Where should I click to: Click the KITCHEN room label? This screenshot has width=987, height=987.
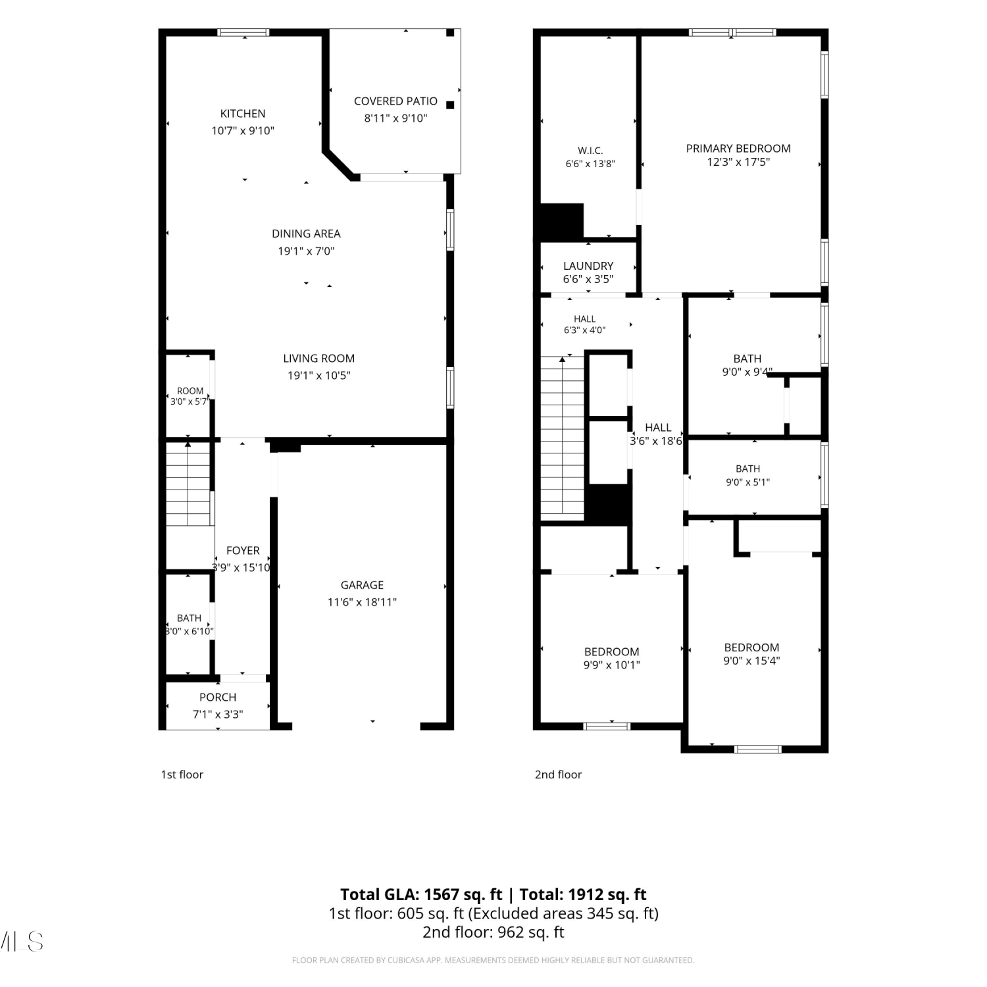pyautogui.click(x=243, y=113)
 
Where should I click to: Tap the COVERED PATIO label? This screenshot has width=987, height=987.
pyautogui.click(x=395, y=101)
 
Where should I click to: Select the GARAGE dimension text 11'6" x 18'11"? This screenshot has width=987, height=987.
pyautogui.click(x=362, y=601)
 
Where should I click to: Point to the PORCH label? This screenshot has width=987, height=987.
pyautogui.click(x=218, y=697)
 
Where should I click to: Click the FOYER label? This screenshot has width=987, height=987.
pyautogui.click(x=243, y=550)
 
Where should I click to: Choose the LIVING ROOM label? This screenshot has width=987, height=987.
pyautogui.click(x=319, y=358)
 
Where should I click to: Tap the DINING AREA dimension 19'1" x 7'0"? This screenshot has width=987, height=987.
pyautogui.click(x=306, y=251)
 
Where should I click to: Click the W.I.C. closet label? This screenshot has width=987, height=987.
pyautogui.click(x=590, y=151)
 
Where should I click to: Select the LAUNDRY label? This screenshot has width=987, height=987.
pyautogui.click(x=588, y=266)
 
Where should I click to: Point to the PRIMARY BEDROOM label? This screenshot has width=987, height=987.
pyautogui.click(x=738, y=148)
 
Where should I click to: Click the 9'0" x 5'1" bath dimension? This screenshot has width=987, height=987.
pyautogui.click(x=747, y=482)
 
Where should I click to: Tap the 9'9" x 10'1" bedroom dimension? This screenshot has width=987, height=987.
pyautogui.click(x=611, y=665)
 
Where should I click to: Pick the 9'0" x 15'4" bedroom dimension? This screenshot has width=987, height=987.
pyautogui.click(x=751, y=661)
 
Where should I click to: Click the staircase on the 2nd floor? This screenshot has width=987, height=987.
pyautogui.click(x=563, y=438)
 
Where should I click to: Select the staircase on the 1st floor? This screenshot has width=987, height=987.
pyautogui.click(x=188, y=484)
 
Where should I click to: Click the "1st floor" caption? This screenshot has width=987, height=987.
pyautogui.click(x=182, y=774)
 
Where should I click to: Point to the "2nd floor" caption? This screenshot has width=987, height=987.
pyautogui.click(x=558, y=774)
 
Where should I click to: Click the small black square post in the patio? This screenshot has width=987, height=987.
pyautogui.click(x=450, y=105)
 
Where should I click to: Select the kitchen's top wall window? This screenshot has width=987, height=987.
pyautogui.click(x=243, y=32)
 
